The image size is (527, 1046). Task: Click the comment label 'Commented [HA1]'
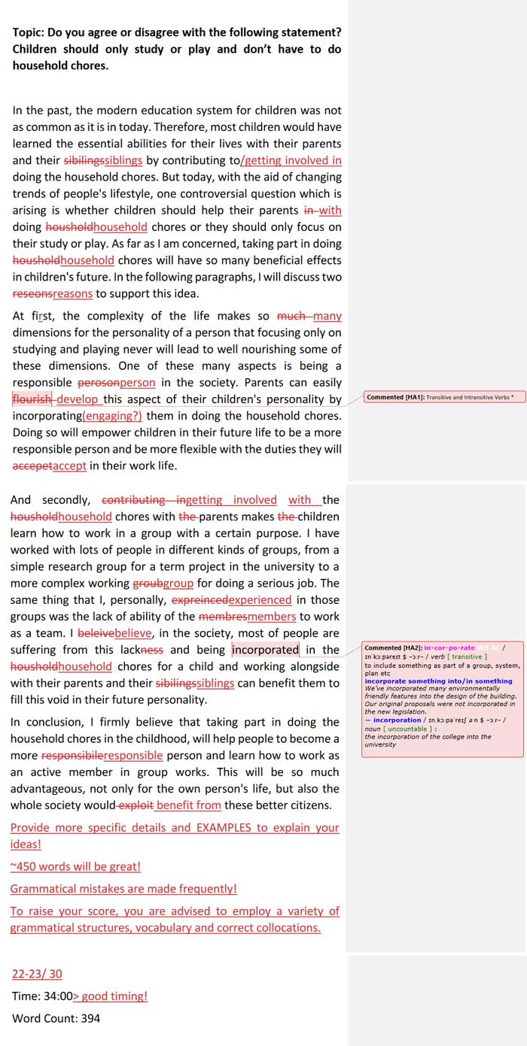tap(395, 397)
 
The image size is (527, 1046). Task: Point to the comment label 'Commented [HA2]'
tap(392, 647)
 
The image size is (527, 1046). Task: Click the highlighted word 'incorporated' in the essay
tap(265, 650)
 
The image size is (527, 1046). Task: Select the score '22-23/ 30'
tap(37, 974)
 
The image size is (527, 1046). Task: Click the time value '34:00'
tap(57, 996)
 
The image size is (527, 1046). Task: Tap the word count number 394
tap(90, 1018)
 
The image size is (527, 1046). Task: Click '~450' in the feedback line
tap(25, 866)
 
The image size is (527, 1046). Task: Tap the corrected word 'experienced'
tap(260, 600)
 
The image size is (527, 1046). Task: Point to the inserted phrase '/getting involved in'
tap(291, 160)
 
